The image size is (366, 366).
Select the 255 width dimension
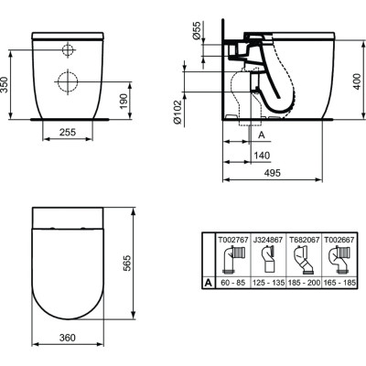click(x=67, y=132)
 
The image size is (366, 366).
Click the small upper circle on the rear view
click(x=69, y=48)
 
